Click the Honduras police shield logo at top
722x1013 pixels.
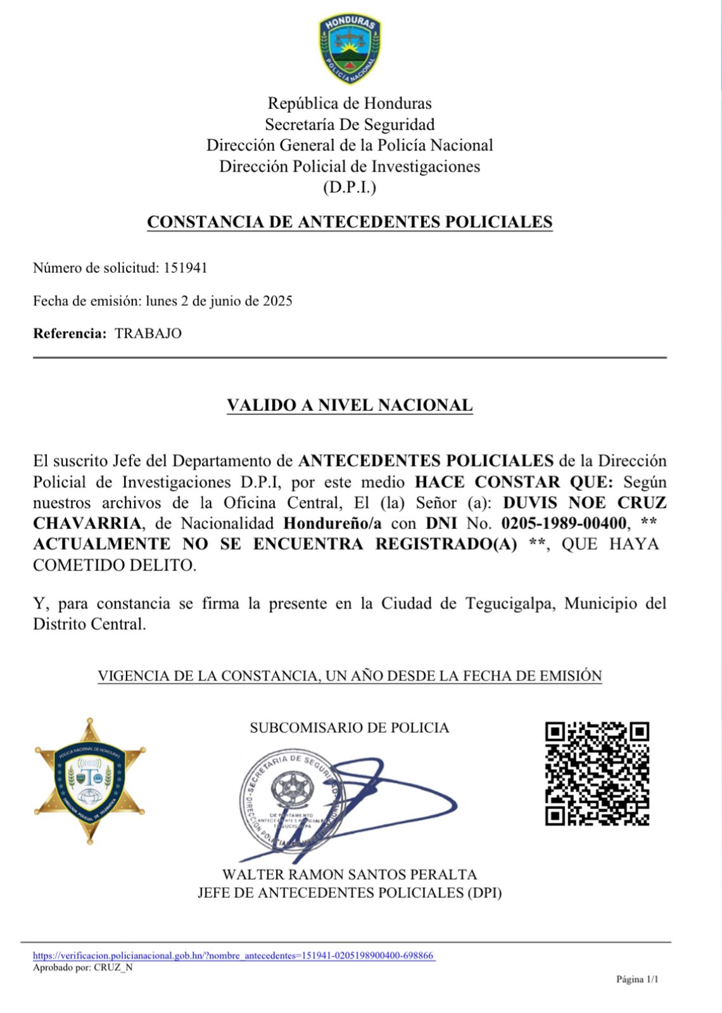tap(350, 49)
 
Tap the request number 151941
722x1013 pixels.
tap(186, 268)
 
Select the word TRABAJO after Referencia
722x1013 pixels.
tap(148, 334)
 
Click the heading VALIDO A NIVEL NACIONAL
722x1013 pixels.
tap(350, 405)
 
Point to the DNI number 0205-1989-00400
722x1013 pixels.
tap(564, 524)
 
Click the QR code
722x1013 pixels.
tap(597, 774)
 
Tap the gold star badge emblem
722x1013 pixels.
tap(90, 781)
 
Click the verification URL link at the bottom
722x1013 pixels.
tap(234, 955)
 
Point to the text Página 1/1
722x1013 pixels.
tap(637, 979)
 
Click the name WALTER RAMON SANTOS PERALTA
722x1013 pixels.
tap(350, 875)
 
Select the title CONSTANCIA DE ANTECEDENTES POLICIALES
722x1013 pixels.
tap(350, 222)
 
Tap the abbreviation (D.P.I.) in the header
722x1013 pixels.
tap(350, 187)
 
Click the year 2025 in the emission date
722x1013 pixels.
tap(277, 301)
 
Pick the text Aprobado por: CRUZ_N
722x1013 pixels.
tap(83, 967)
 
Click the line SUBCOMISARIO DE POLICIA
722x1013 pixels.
tap(350, 728)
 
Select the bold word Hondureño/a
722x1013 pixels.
tap(332, 524)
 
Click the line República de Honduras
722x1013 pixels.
tap(350, 103)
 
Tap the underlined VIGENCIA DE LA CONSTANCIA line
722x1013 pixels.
tap(350, 676)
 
